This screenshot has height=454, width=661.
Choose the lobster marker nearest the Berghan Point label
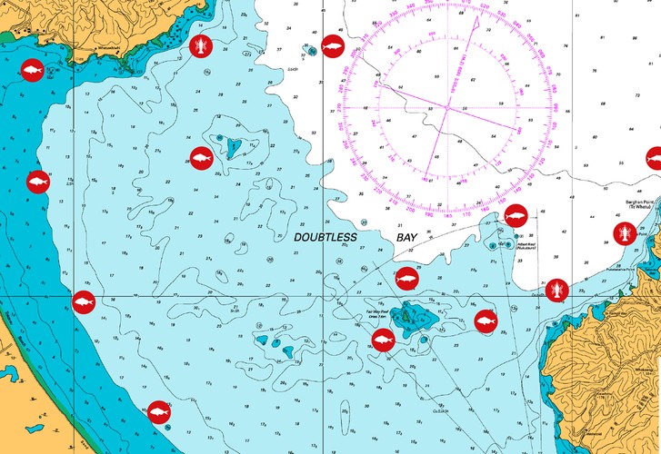click(x=624, y=232)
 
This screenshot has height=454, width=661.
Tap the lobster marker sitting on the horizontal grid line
click(x=557, y=291)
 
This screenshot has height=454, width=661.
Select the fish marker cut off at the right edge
click(x=654, y=157)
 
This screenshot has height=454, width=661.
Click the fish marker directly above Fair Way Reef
click(x=406, y=279)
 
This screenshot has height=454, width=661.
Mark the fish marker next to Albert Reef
click(x=516, y=216)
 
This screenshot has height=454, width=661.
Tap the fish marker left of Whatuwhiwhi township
click(x=32, y=70)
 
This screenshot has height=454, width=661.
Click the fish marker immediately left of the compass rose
click(x=333, y=44)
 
